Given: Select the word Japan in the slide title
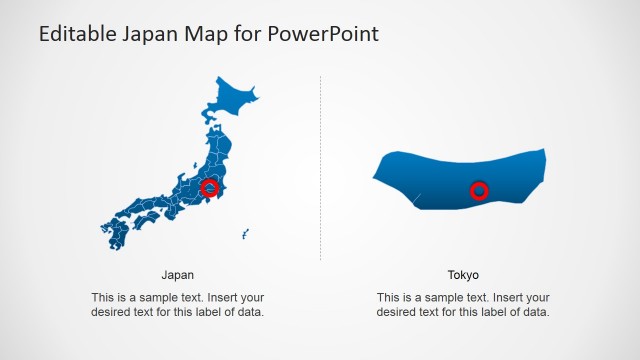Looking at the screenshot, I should (151, 35).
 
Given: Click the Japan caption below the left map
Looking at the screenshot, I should (177, 274).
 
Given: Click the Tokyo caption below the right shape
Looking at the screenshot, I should (463, 274).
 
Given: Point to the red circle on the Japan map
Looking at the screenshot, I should (209, 187).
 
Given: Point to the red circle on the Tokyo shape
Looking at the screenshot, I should (479, 190).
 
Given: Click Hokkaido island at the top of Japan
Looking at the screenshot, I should (231, 100).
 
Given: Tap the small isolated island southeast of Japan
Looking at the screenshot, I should (244, 236).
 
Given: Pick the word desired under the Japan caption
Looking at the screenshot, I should (110, 312).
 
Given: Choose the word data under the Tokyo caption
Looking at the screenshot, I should (535, 312).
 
